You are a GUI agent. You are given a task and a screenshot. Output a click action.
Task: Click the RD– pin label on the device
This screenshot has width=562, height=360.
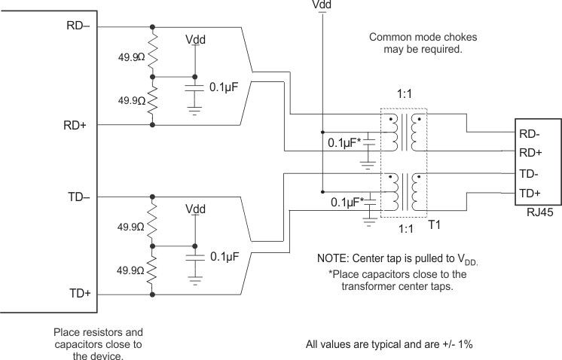[79, 25]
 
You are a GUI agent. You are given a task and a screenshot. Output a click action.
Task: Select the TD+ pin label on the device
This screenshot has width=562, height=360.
[79, 293]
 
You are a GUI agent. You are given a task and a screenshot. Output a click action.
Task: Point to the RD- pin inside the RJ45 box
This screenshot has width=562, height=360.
[530, 134]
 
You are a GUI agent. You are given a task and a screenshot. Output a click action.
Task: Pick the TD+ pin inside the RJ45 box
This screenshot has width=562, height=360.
[530, 194]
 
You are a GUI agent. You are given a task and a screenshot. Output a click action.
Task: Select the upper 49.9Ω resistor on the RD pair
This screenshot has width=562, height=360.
[154, 52]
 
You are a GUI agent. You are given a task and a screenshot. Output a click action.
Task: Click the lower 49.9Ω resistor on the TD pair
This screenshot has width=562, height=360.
[154, 270]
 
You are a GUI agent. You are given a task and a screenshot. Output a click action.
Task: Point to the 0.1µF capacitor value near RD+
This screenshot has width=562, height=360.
[224, 88]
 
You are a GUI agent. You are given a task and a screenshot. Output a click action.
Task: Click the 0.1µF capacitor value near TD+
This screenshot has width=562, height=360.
[224, 257]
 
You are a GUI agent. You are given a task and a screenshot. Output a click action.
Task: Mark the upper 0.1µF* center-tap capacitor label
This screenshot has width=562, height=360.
[346, 141]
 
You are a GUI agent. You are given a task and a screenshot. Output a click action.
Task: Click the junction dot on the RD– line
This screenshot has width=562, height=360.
[154, 28]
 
